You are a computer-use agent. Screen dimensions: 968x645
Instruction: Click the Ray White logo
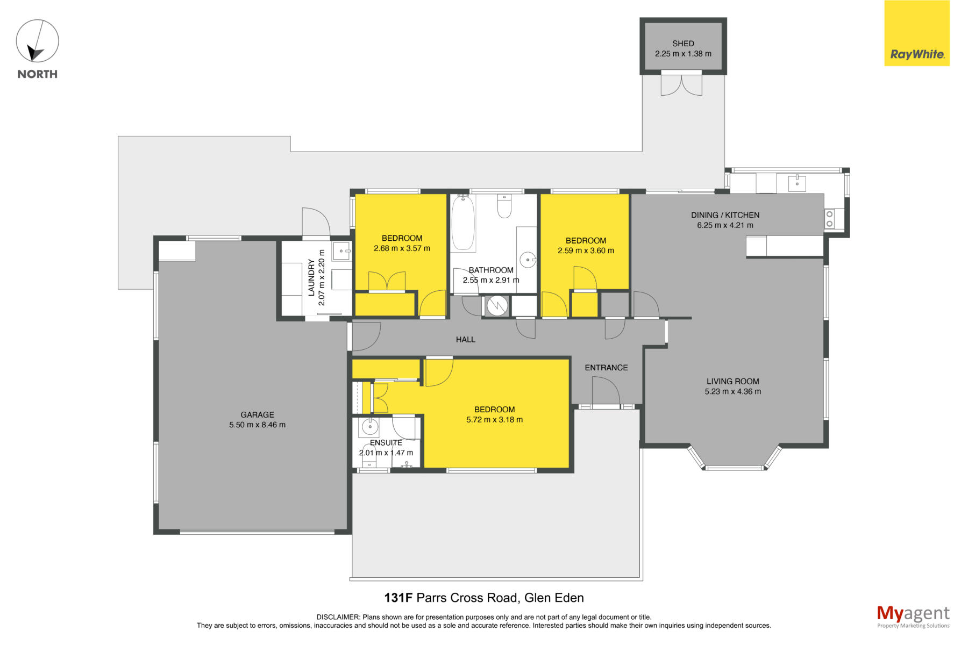coord(917,33)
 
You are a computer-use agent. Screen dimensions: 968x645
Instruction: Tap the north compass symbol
coord(37,41)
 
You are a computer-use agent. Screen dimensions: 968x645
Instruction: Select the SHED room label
coord(683,44)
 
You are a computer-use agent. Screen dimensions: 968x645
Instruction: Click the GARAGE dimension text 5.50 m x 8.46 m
coord(257,425)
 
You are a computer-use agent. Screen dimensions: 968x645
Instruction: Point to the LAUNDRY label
coord(311,277)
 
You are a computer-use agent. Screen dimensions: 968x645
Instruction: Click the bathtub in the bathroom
coord(463,223)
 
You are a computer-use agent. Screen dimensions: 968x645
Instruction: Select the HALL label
coord(466,339)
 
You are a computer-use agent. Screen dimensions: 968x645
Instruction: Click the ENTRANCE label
coord(606,368)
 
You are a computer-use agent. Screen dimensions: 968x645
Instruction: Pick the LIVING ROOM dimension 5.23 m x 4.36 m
coord(732,391)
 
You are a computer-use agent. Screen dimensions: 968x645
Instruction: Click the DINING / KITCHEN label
coord(725,215)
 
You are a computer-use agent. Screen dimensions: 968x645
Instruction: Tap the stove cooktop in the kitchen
coord(830,219)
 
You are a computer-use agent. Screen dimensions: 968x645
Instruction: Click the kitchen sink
coord(796,183)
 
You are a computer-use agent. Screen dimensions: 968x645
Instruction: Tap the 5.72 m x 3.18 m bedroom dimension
coord(494,419)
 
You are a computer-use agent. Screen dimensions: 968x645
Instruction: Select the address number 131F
coord(398,598)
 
